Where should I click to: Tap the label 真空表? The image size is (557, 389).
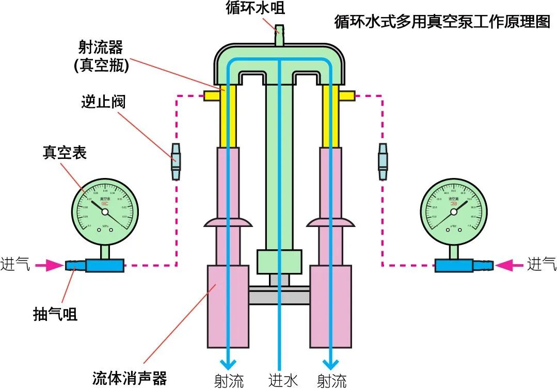tap(65, 152)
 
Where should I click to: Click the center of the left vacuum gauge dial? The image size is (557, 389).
tap(105, 212)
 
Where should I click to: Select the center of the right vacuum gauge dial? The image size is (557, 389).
tap(454, 212)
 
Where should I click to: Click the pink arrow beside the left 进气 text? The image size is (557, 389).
tap(52, 266)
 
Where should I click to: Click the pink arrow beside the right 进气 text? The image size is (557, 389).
tap(508, 266)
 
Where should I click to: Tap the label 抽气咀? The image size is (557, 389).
tap(55, 314)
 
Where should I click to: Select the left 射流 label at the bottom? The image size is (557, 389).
tap(229, 380)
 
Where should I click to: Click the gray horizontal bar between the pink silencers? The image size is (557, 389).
tap(279, 297)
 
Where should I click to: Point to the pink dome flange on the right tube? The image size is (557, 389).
tap(331, 222)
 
